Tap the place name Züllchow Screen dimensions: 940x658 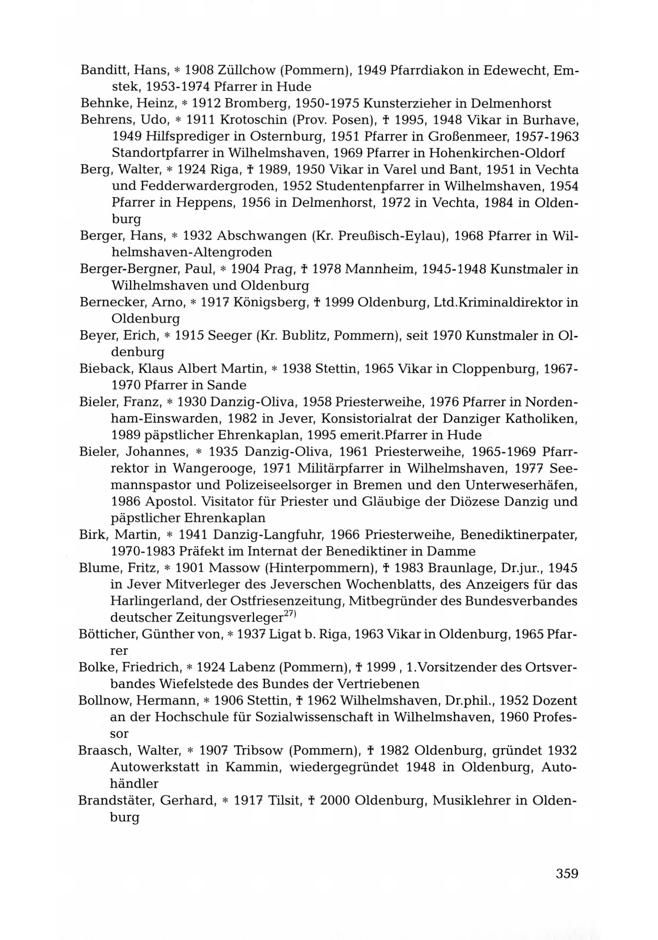[244, 70]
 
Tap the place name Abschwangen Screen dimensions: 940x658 [261, 236]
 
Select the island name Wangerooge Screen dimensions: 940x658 [213, 468]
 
